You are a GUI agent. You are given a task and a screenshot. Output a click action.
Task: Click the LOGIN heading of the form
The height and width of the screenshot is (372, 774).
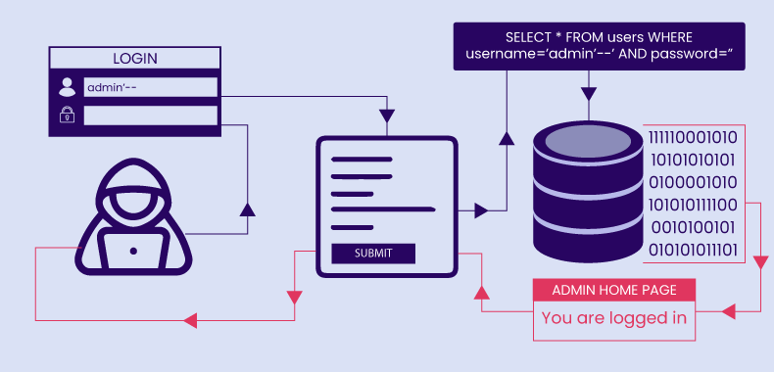[x=134, y=59]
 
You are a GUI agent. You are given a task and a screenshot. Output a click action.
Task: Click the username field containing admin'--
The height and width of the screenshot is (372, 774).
[x=150, y=87]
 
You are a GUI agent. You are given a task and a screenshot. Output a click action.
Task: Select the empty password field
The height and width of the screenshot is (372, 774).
[x=150, y=116]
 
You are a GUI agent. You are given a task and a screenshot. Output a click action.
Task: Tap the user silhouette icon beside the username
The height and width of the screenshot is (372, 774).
[x=68, y=87]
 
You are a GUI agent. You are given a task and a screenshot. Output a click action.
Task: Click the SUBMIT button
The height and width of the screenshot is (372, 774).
[x=372, y=254]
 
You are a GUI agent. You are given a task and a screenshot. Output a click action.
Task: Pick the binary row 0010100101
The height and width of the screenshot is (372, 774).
[x=692, y=227]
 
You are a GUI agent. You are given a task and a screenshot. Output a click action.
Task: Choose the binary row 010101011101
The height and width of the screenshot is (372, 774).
[x=692, y=251]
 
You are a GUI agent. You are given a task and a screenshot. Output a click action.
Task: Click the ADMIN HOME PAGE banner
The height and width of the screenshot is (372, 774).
[x=613, y=290]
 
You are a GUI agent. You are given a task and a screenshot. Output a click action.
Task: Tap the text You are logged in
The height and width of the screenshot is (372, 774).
[x=613, y=317]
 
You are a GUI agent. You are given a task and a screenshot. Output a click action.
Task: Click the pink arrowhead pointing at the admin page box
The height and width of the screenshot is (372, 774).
[x=728, y=312]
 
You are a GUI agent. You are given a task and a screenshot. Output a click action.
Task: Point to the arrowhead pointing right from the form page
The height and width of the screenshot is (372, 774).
[x=481, y=210]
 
